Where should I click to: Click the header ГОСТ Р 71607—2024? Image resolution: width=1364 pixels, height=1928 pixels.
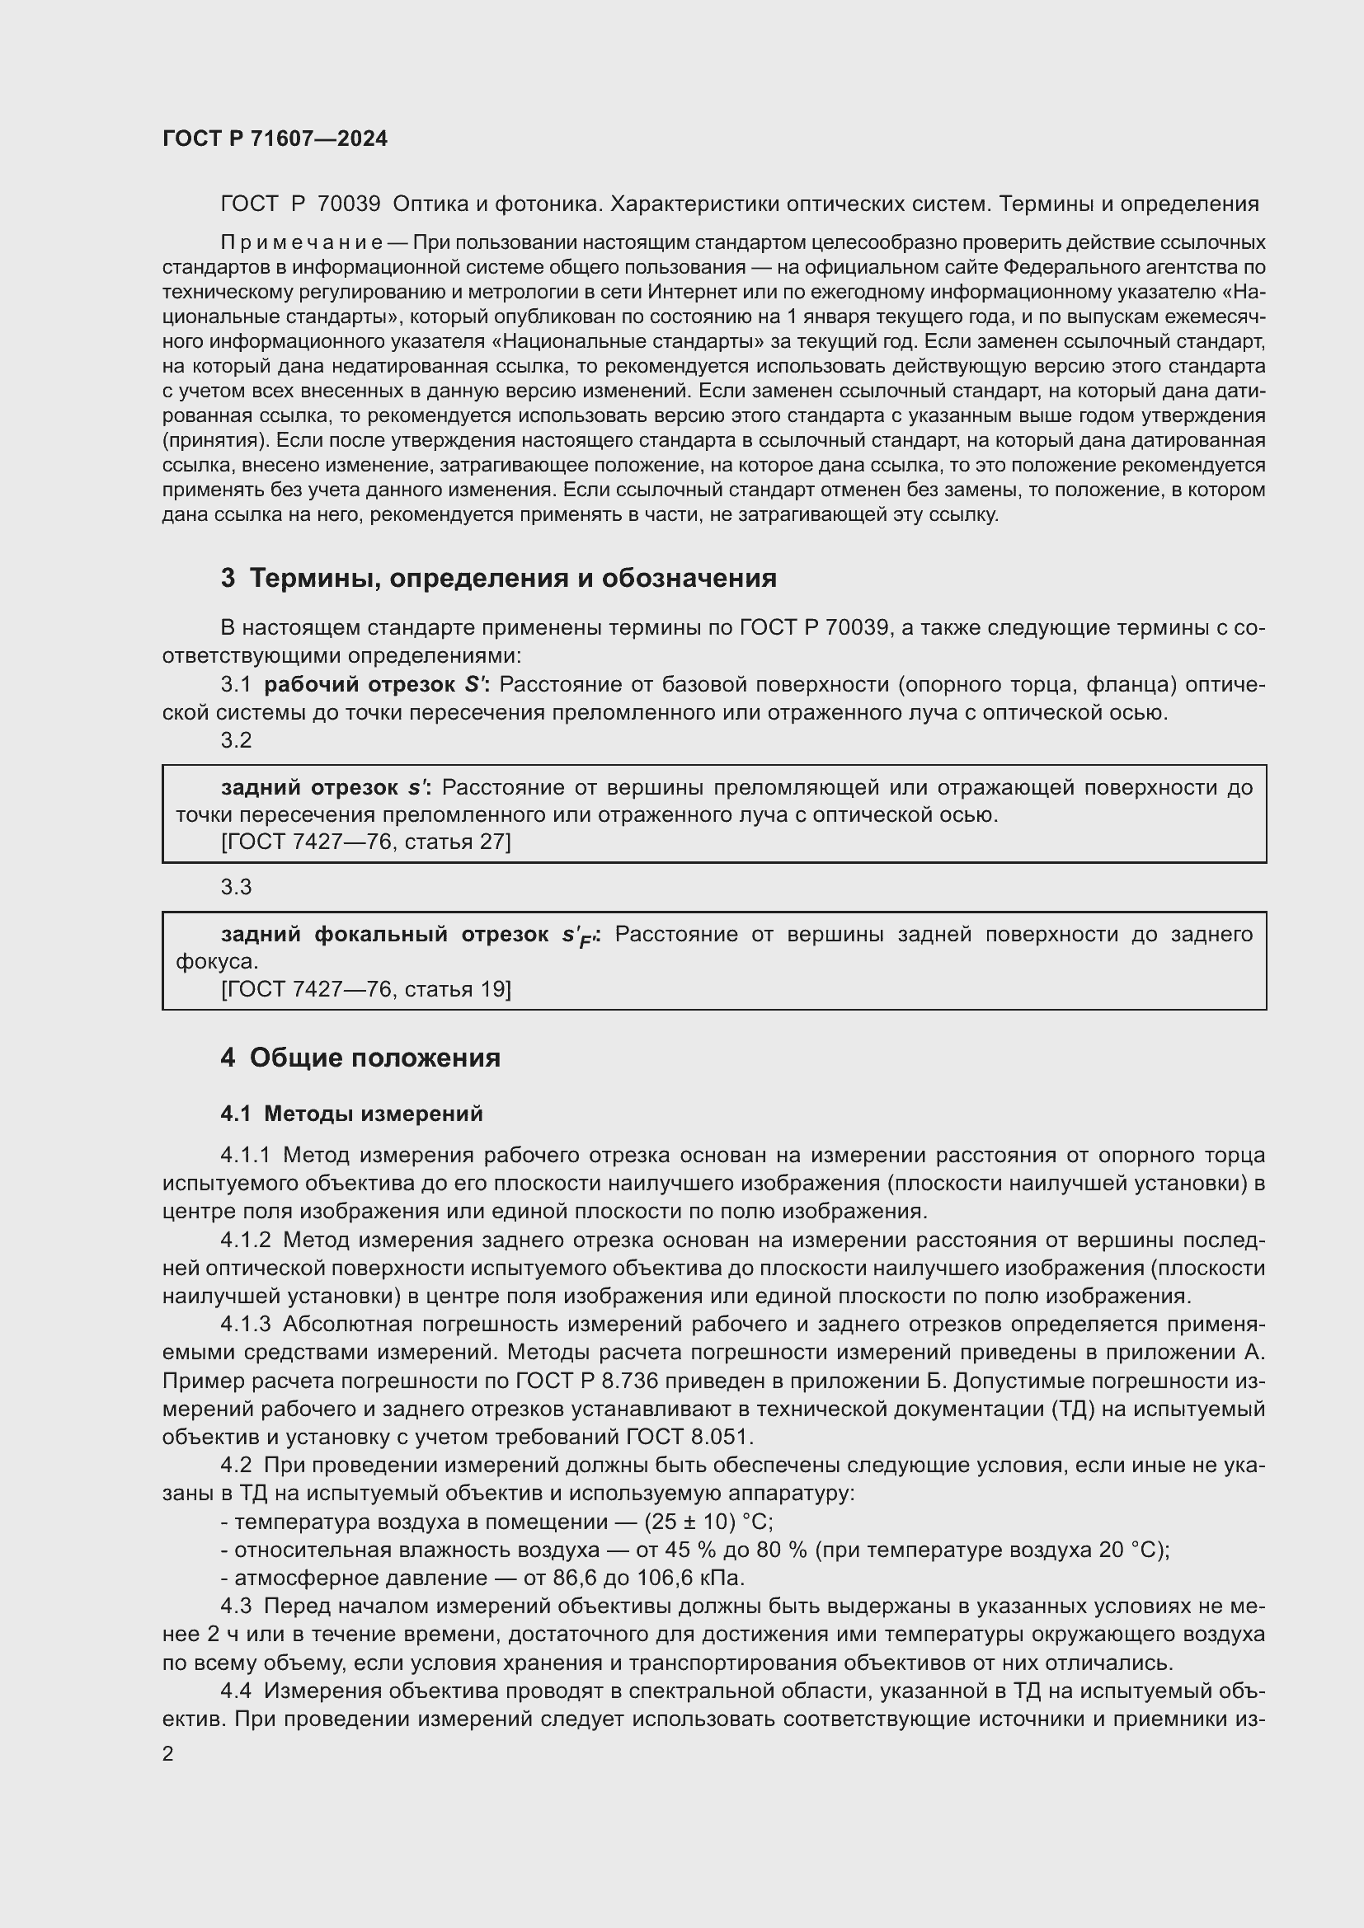pos(275,138)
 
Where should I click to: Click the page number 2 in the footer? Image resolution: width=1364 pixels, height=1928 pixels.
pos(168,1753)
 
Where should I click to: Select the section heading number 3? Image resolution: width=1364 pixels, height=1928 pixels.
pos(228,579)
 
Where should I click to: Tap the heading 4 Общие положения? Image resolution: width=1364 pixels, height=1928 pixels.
pos(360,1058)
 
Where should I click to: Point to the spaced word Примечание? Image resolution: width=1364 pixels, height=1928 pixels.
pos(302,242)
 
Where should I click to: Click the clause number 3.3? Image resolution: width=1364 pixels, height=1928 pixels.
pos(236,887)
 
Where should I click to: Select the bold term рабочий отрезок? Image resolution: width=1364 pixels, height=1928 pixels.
pos(359,684)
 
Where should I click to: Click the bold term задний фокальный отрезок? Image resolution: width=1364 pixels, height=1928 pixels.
pos(383,934)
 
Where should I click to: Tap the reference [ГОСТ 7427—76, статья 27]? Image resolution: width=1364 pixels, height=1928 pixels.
pos(365,842)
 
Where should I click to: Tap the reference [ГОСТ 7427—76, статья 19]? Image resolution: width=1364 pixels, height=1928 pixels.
pos(365,988)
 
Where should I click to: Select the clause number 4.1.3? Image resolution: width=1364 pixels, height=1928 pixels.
pos(245,1325)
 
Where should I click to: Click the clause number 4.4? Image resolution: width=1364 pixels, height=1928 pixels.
pos(236,1691)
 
